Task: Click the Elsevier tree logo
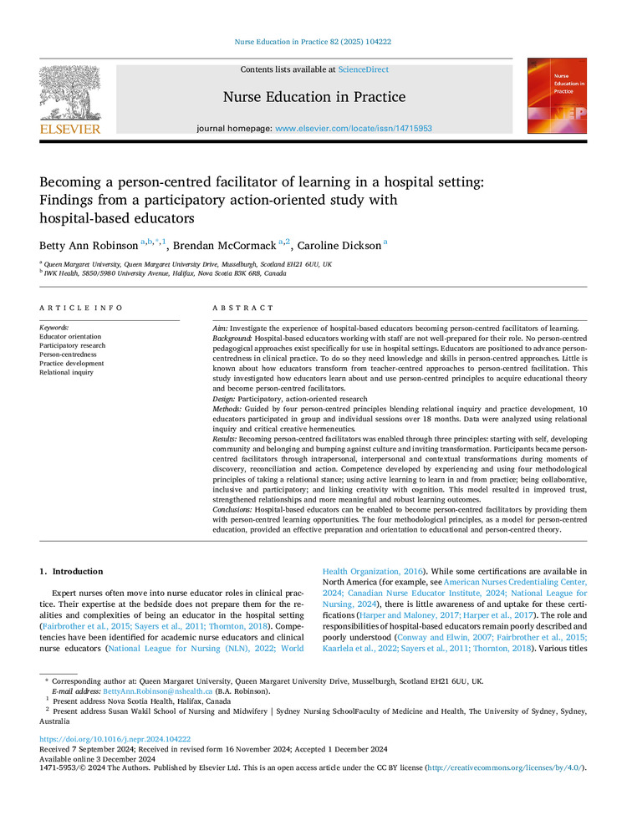pyautogui.click(x=69, y=94)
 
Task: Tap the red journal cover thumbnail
pyautogui.click(x=556, y=96)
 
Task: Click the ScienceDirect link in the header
pyautogui.click(x=364, y=69)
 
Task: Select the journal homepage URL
pyautogui.click(x=354, y=128)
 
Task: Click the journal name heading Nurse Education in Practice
pyautogui.click(x=314, y=97)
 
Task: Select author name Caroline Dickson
pyautogui.click(x=339, y=244)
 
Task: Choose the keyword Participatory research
pyautogui.click(x=72, y=345)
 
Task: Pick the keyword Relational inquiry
pyautogui.click(x=67, y=373)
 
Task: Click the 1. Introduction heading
pyautogui.click(x=72, y=572)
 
